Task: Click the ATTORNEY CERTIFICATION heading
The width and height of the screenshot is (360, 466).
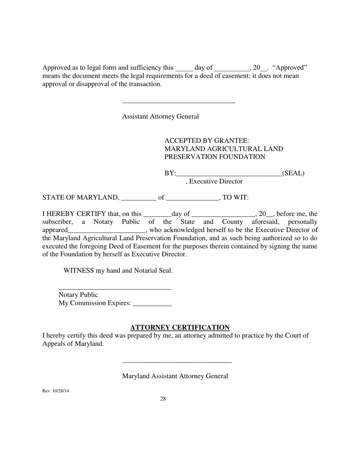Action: [180, 327]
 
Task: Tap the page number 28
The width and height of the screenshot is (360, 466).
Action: [163, 399]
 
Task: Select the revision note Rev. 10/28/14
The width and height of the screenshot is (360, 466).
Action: [56, 391]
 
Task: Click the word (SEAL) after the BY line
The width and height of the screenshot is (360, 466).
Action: [293, 173]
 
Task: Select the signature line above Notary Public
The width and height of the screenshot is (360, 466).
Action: [115, 289]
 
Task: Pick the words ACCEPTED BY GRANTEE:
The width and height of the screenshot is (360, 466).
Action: [207, 141]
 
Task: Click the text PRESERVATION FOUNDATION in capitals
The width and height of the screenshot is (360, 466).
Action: [214, 157]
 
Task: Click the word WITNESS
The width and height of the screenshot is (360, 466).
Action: [78, 271]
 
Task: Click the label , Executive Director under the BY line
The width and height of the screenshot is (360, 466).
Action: [214, 181]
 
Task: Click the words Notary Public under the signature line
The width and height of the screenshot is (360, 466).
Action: [78, 295]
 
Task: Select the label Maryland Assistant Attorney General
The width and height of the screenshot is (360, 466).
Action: [175, 376]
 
